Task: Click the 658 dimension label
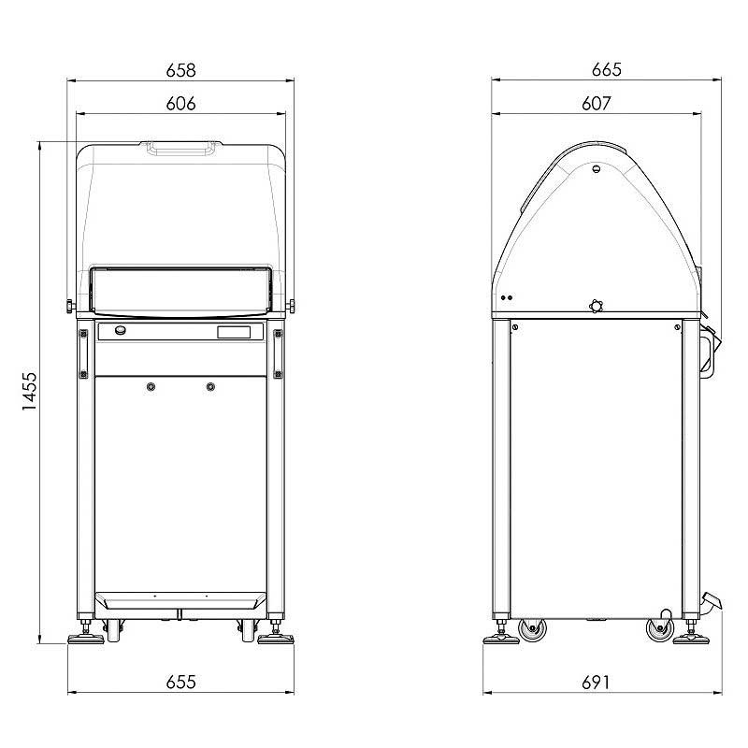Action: (x=180, y=70)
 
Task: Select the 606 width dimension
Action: (x=180, y=104)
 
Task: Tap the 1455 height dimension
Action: (x=29, y=391)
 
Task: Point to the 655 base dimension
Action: (x=180, y=682)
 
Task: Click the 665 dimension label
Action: (x=606, y=69)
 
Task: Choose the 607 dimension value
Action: (x=597, y=104)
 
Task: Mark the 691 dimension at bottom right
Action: (x=596, y=683)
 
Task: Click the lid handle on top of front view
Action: (x=180, y=148)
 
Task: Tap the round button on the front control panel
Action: (x=121, y=330)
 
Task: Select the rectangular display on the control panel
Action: (x=234, y=332)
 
